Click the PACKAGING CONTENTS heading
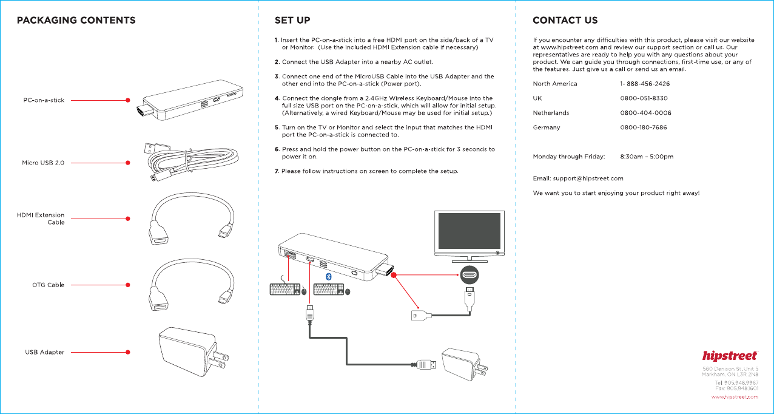[x=76, y=21]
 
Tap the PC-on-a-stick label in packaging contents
[x=44, y=100]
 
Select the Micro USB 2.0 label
[x=43, y=163]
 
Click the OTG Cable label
[x=48, y=285]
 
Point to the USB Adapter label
[x=44, y=352]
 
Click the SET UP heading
[x=292, y=21]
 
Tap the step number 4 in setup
[x=277, y=98]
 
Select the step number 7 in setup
[x=277, y=171]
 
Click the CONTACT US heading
[x=565, y=21]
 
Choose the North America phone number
[x=645, y=84]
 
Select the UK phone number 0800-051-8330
[x=644, y=98]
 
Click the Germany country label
[x=547, y=127]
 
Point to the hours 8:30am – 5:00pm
[x=647, y=157]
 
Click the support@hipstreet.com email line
[x=578, y=178]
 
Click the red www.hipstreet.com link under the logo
[x=734, y=397]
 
